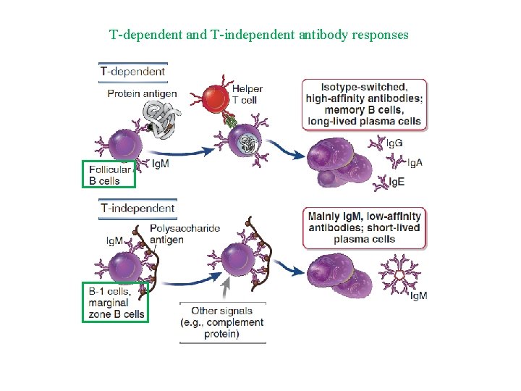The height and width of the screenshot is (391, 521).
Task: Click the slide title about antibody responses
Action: coord(259,34)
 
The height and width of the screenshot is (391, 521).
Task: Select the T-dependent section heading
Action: coord(132,71)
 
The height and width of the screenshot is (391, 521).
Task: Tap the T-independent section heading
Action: coord(137,209)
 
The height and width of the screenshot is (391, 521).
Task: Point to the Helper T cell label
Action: coord(247,94)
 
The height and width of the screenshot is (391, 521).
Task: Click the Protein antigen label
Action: coord(142,93)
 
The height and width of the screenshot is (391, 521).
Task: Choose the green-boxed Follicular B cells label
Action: coord(109,174)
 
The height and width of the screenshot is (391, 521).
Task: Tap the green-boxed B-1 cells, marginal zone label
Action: coord(114,302)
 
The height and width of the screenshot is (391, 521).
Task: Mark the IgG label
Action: coord(395,143)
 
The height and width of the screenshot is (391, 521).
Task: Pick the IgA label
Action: coord(415,162)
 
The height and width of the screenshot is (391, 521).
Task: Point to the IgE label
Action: coord(397,182)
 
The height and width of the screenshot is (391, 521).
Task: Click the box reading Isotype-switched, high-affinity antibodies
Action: coord(363,104)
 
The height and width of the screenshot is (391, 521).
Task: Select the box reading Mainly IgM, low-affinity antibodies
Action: coord(363,227)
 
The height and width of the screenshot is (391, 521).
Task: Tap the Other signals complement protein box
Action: coord(222,322)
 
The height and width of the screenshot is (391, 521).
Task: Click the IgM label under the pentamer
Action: coord(418,295)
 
